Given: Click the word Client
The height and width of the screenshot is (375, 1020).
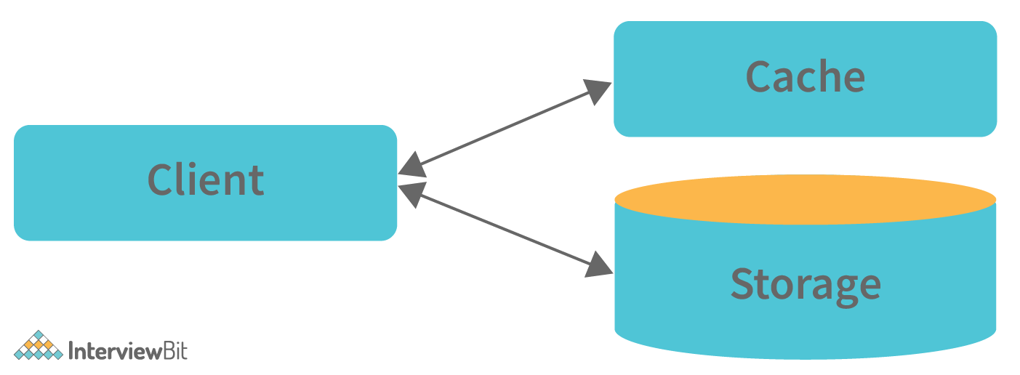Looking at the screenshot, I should (206, 180).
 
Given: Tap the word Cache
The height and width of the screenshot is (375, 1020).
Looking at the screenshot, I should (805, 76).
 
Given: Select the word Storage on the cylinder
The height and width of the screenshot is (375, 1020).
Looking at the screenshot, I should (805, 284).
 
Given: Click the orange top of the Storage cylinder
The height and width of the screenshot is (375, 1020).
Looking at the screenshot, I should (805, 199).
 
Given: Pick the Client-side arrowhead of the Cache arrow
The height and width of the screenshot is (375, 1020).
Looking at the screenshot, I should (411, 166).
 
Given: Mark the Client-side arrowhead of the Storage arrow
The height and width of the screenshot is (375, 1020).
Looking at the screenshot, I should (411, 192).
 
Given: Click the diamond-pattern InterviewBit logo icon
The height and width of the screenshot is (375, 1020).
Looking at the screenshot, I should (39, 346).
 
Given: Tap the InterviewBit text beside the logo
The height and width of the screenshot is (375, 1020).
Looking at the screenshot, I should (127, 352).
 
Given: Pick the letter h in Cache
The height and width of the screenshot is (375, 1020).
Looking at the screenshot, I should (822, 76).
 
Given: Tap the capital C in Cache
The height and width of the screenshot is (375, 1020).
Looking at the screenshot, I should (759, 76).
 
